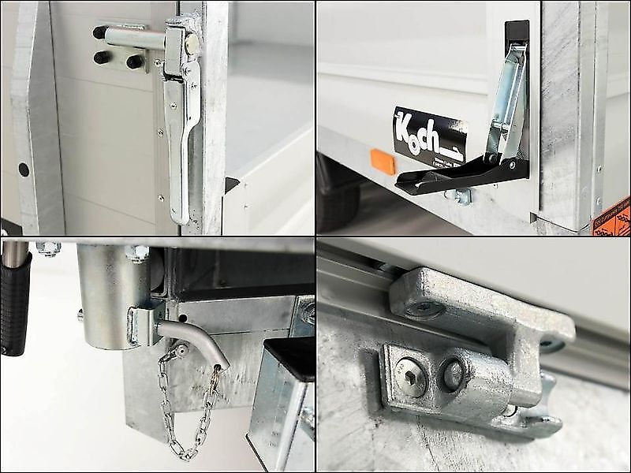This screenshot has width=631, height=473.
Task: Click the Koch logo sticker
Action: tap(429, 134)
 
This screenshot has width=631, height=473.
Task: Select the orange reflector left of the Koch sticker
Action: tap(383, 162)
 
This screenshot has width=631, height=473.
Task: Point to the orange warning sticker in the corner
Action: tap(614, 216)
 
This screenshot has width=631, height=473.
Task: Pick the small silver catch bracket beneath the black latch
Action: tap(460, 195)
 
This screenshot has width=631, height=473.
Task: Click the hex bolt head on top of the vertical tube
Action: tap(136, 252)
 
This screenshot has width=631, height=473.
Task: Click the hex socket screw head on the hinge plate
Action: tap(412, 377)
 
